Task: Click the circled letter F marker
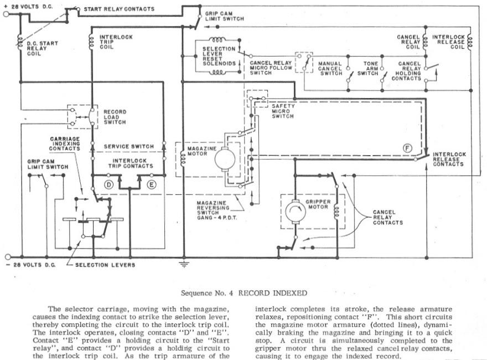[407, 148]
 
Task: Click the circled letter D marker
[108, 185]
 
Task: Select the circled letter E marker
[151, 185]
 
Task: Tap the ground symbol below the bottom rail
[184, 264]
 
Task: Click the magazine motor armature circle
[225, 159]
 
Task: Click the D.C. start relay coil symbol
[20, 42]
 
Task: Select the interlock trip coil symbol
[91, 42]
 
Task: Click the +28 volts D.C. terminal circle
[6, 14]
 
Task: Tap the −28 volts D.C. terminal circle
[8, 257]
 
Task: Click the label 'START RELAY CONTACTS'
[119, 9]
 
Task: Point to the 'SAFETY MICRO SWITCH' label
[283, 111]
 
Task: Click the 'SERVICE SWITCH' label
[129, 146]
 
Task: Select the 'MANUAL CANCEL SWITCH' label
[330, 68]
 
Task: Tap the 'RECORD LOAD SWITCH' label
[115, 117]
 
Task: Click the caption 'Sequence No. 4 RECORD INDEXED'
[244, 293]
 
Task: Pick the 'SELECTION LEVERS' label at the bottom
[105, 265]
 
